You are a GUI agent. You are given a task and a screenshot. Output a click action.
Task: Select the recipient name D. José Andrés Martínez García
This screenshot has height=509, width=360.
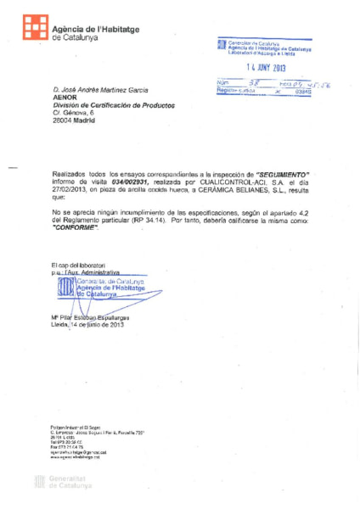(99, 89)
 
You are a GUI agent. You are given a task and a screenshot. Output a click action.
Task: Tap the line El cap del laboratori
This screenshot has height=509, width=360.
(77, 266)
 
